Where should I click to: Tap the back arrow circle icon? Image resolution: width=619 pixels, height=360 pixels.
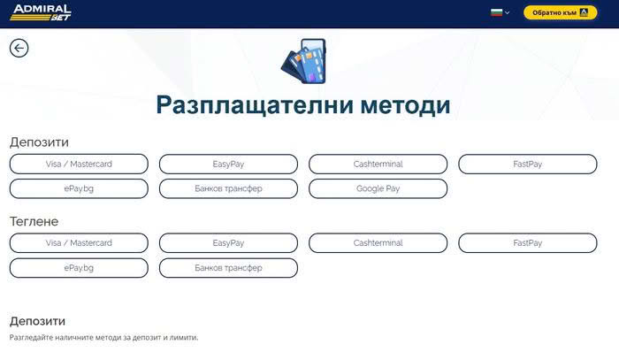click(x=19, y=48)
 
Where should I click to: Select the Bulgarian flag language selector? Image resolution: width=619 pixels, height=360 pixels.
click(x=500, y=13)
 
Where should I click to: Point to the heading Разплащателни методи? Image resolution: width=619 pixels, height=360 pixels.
click(x=303, y=105)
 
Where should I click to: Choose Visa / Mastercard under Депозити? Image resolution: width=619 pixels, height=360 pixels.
click(x=79, y=164)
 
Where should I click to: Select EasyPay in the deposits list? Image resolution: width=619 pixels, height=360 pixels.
click(x=228, y=164)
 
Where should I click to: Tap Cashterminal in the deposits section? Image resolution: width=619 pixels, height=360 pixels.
click(x=378, y=164)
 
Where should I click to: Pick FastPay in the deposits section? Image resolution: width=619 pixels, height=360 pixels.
click(x=527, y=164)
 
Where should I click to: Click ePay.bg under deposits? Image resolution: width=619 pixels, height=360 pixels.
click(x=79, y=188)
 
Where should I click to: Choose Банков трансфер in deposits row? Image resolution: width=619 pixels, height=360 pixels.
click(x=228, y=188)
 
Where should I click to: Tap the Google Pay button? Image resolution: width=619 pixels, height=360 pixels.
click(x=378, y=188)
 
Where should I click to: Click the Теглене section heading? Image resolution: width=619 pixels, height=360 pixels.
click(x=34, y=221)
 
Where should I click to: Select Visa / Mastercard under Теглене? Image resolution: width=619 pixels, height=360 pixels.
click(x=79, y=242)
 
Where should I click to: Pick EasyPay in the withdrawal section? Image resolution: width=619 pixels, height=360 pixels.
click(x=228, y=242)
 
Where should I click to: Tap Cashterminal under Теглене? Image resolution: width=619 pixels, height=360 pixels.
click(x=378, y=242)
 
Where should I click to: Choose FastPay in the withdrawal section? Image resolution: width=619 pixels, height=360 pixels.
click(x=527, y=242)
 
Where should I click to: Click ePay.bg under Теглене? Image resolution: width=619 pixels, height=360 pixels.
click(x=79, y=267)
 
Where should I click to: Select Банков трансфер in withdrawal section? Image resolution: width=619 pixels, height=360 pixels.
click(x=228, y=267)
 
